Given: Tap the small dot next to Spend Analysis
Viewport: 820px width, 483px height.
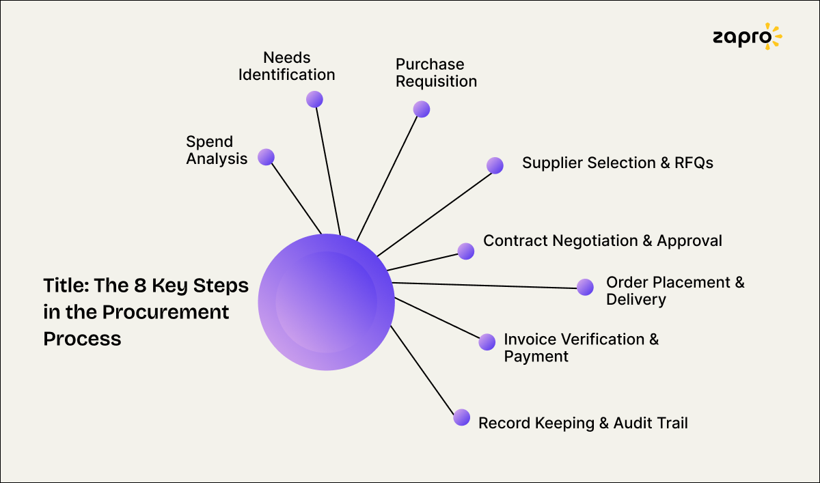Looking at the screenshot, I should (266, 157).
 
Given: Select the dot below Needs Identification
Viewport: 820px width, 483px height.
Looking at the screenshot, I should (314, 99).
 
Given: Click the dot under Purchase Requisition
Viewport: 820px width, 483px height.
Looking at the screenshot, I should (422, 109).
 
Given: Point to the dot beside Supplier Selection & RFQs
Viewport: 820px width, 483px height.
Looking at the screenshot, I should (495, 165).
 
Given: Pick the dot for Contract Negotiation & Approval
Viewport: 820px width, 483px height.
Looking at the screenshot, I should (466, 251).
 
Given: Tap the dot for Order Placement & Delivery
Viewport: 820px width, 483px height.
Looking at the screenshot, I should (585, 287).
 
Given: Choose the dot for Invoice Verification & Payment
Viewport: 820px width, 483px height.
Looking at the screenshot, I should (487, 342).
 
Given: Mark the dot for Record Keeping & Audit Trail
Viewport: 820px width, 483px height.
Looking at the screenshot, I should (462, 417).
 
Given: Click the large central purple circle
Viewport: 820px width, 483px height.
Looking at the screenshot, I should (326, 302).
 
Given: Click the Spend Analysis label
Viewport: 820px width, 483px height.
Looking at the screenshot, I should (217, 151).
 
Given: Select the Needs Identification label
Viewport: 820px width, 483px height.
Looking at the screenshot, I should (286, 66).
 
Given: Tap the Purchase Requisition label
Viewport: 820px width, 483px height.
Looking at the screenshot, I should (436, 73).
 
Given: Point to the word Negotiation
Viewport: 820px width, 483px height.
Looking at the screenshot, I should (593, 241).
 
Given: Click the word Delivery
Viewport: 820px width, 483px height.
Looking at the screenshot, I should (635, 299).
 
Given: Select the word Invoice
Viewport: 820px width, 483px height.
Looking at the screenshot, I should (530, 340).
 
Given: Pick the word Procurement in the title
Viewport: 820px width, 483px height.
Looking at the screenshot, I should (166, 312).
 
